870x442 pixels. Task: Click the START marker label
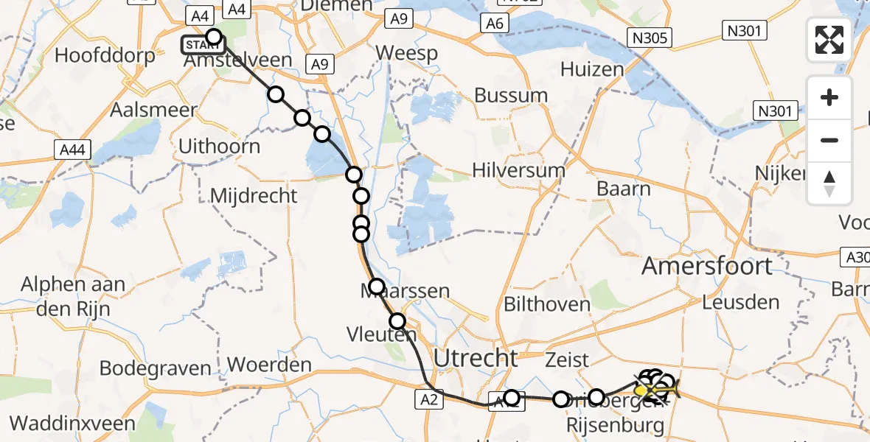click(x=201, y=45)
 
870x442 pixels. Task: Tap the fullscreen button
click(x=829, y=40)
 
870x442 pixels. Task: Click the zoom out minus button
click(x=829, y=140)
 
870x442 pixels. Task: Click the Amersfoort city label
click(x=707, y=266)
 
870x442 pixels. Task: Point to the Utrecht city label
click(x=476, y=359)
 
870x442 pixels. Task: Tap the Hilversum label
click(x=520, y=171)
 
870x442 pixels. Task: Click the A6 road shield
click(x=494, y=24)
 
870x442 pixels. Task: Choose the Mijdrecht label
click(x=254, y=196)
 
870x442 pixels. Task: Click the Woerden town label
click(x=269, y=365)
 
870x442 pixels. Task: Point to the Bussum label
click(x=511, y=96)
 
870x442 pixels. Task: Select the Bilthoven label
click(x=547, y=304)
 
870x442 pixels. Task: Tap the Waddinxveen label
click(x=72, y=424)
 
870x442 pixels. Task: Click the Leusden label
click(x=740, y=302)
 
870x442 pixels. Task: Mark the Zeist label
click(x=567, y=360)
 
